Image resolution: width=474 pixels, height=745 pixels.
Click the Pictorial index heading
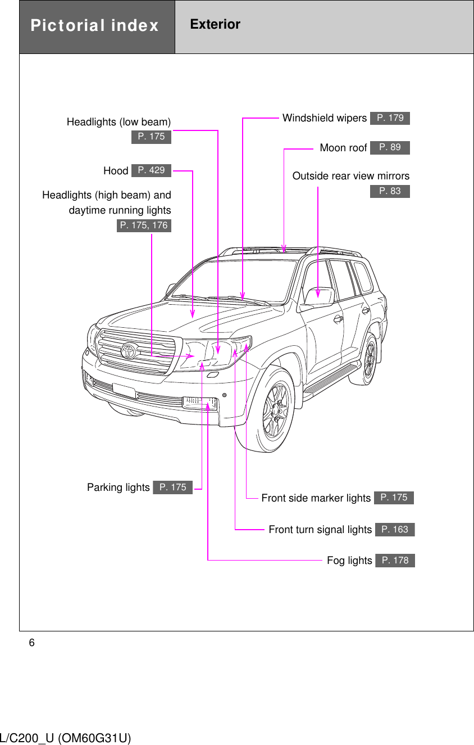point(94,26)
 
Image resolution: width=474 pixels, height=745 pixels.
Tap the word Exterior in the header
point(215,24)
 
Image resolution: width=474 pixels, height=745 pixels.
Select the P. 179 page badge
point(390,118)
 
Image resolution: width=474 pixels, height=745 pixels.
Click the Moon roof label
point(343,148)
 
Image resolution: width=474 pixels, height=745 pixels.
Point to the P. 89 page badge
point(390,147)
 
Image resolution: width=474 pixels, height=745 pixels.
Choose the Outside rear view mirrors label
point(350,176)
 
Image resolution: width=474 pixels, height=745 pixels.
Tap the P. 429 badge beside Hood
point(151,170)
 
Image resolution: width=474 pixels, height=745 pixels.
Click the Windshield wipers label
point(324,118)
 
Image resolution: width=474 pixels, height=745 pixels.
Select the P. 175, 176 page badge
point(144,225)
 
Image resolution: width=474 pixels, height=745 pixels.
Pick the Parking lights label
point(118,487)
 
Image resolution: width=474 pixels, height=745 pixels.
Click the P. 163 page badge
point(395,530)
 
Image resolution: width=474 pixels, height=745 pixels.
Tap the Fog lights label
point(349,561)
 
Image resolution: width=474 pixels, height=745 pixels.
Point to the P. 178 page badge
point(395,561)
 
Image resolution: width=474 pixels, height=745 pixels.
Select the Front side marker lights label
point(316,498)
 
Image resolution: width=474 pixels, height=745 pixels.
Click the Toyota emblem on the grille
point(129,351)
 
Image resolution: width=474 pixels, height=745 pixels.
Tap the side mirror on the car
point(318,297)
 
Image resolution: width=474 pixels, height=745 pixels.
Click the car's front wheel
point(275,410)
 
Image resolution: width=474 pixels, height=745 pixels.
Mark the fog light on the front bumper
point(200,403)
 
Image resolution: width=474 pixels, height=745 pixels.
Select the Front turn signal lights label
point(320,530)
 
